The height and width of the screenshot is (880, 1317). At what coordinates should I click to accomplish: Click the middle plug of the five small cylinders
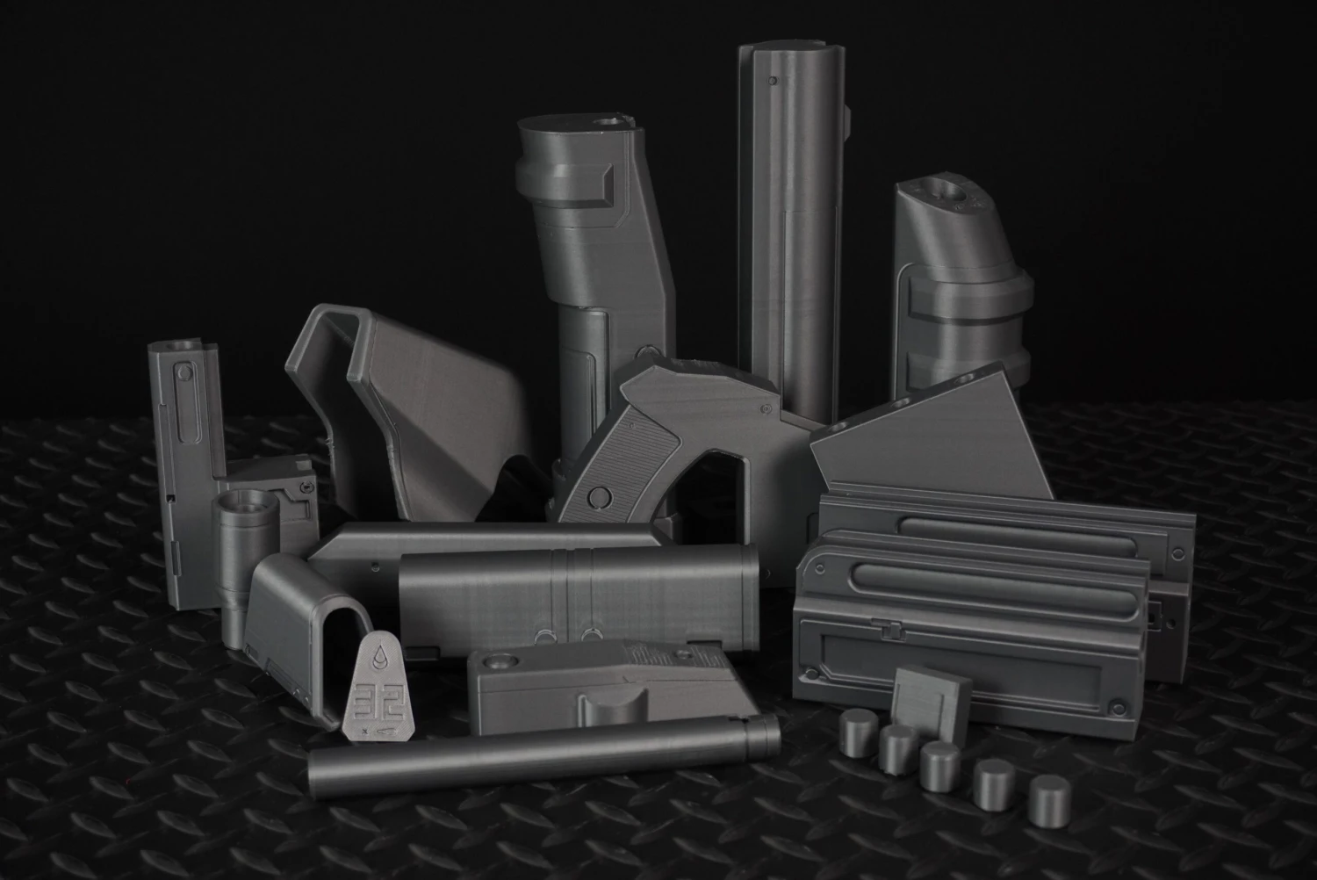(939, 763)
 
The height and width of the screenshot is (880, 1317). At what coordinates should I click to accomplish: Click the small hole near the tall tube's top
(772, 81)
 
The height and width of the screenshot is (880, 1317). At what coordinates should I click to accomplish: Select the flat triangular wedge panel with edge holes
(939, 439)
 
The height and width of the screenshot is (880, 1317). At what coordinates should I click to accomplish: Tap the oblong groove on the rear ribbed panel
(1027, 529)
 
